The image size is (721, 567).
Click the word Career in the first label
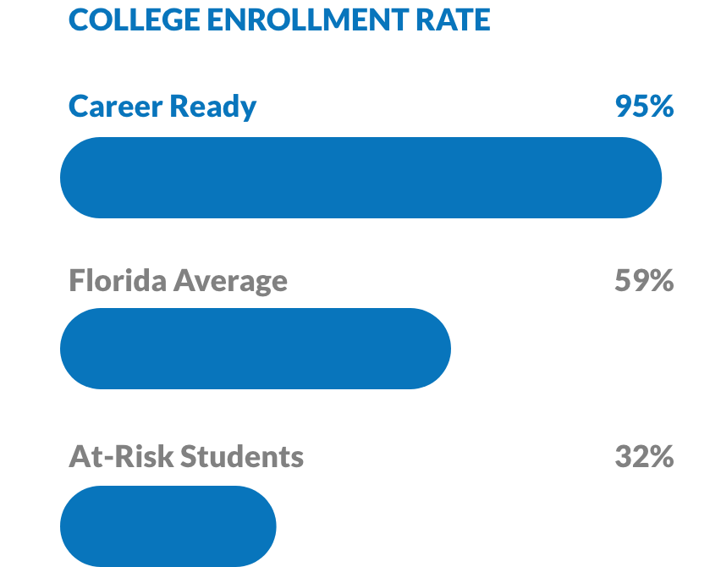[x=114, y=107]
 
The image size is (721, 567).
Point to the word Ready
[x=212, y=107]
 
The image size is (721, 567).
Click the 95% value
[x=644, y=107]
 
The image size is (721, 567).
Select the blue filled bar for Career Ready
[x=355, y=178]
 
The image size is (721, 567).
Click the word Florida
[x=117, y=280]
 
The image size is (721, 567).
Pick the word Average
[x=230, y=280]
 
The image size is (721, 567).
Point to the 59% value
[x=644, y=280]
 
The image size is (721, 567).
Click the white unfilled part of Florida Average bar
[x=575, y=349]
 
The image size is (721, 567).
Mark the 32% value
[x=644, y=457]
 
